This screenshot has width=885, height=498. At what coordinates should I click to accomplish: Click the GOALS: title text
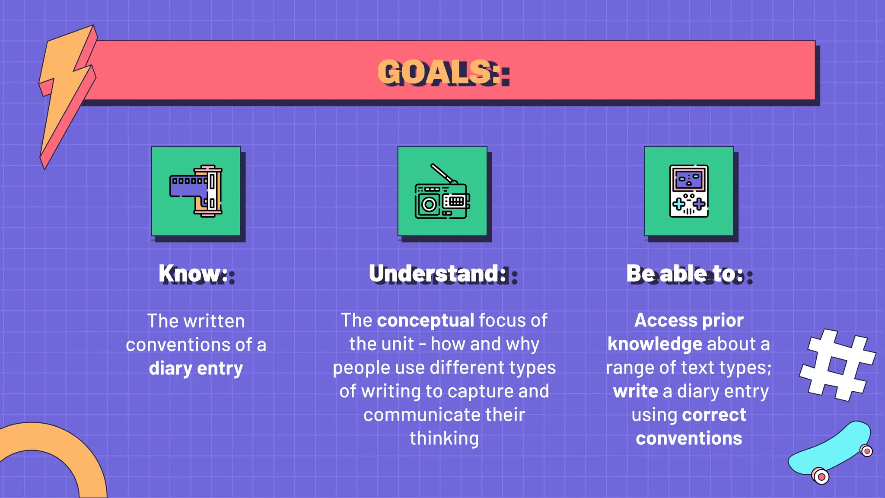(x=443, y=72)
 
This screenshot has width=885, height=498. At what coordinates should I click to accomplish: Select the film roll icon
(x=196, y=191)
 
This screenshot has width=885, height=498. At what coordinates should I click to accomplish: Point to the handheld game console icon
(x=689, y=191)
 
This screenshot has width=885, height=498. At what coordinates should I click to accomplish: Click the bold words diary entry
(x=196, y=368)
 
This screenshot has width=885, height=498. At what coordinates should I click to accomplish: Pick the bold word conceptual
(x=426, y=321)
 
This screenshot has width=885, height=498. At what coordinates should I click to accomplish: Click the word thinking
(x=444, y=438)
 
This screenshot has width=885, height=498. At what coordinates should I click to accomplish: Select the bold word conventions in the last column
(x=689, y=438)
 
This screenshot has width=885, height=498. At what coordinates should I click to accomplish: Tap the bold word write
(x=635, y=391)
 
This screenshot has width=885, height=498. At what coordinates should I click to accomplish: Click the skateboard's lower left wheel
(x=820, y=476)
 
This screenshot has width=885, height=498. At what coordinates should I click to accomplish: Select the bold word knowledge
(x=655, y=345)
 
